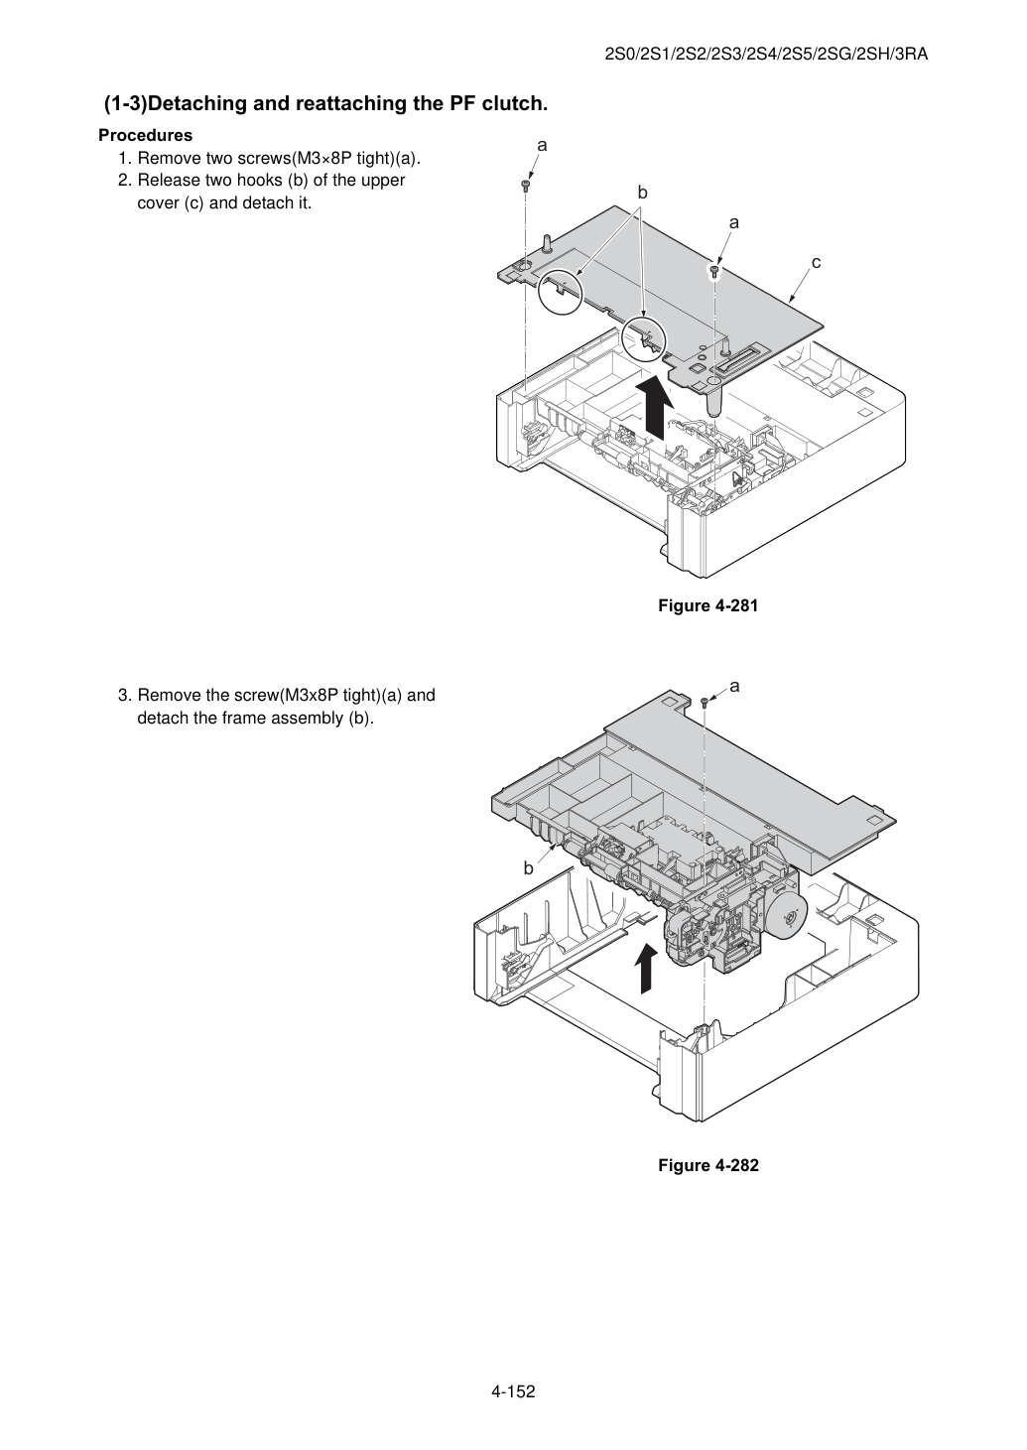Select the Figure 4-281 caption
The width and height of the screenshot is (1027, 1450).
point(707,605)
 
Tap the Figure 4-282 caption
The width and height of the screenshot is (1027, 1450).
point(707,1165)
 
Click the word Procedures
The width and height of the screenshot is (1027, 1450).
point(146,135)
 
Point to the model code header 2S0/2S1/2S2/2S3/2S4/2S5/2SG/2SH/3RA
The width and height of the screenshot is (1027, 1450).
point(766,55)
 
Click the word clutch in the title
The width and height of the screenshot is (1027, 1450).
point(513,103)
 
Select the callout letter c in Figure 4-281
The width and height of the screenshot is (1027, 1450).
point(816,263)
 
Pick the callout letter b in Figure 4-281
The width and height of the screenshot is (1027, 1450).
point(642,193)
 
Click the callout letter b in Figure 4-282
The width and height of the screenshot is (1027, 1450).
point(528,868)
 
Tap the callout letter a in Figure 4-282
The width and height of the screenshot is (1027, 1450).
point(734,686)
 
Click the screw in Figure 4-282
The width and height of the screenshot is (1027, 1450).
point(705,703)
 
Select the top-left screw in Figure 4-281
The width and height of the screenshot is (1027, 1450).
point(526,187)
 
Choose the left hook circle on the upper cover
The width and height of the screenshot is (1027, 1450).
point(561,291)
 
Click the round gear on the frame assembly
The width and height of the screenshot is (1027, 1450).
point(790,918)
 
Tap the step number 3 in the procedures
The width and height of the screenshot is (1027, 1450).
point(124,695)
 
